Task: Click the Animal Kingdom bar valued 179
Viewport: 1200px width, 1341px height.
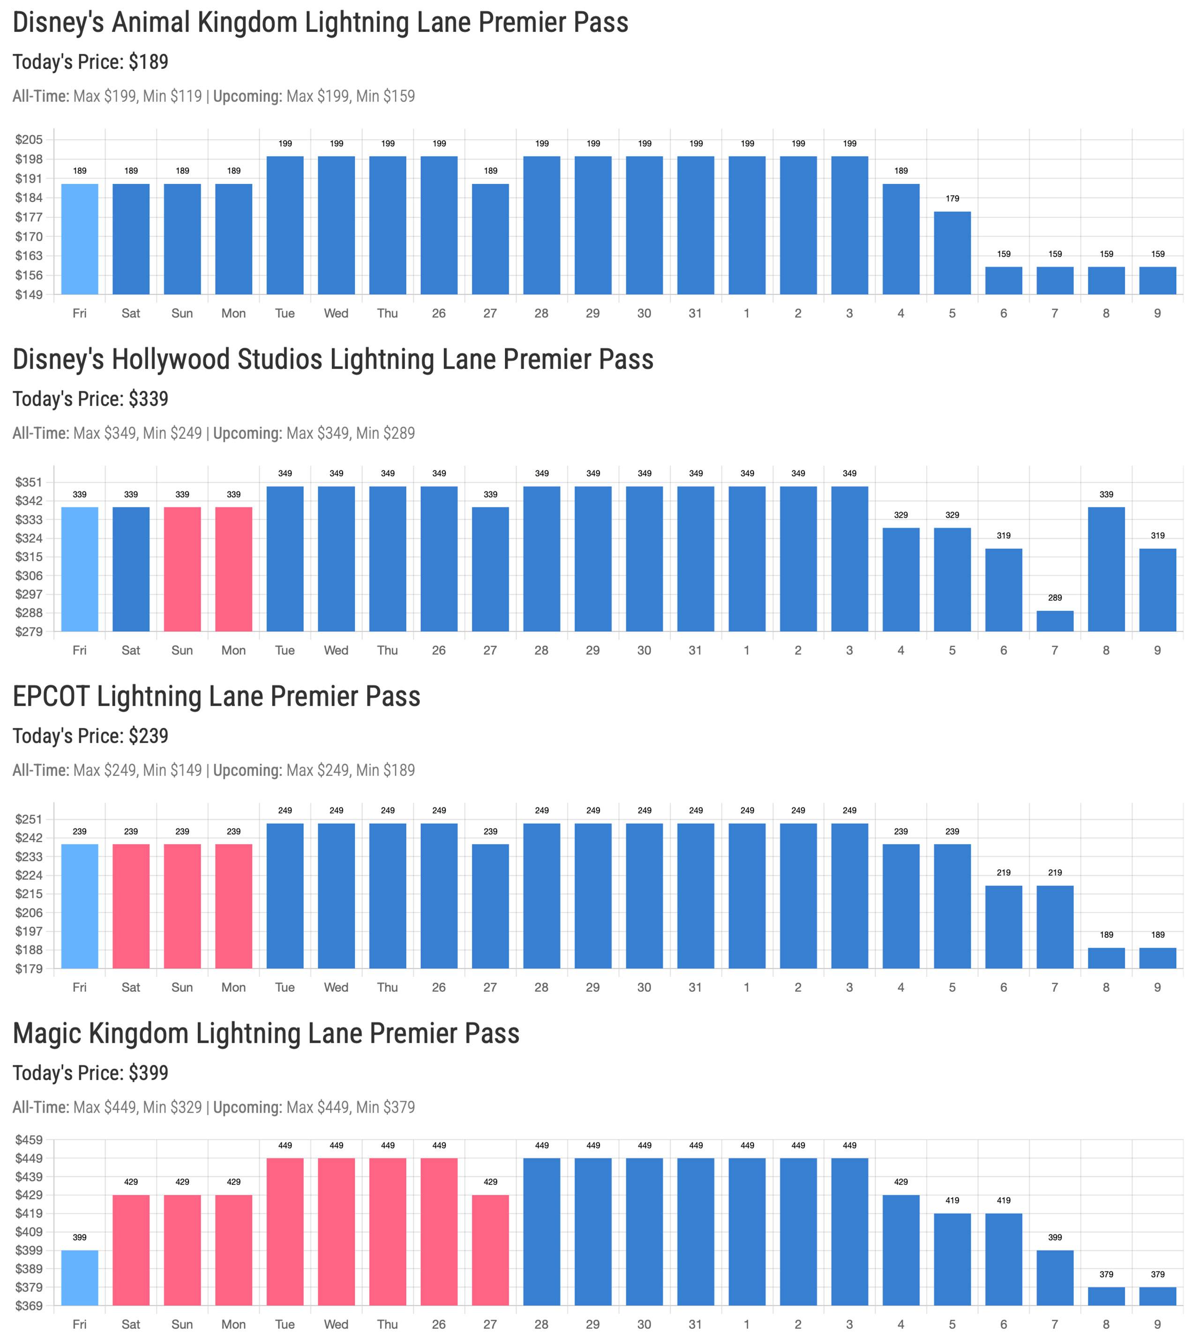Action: pyautogui.click(x=952, y=253)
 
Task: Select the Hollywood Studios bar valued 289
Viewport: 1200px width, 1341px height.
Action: pyautogui.click(x=1055, y=621)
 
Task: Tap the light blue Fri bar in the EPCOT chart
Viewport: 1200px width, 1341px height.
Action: pyautogui.click(x=80, y=906)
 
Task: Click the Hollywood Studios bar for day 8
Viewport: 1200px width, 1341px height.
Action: pyautogui.click(x=1106, y=569)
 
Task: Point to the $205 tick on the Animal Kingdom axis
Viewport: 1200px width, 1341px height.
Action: pyautogui.click(x=29, y=140)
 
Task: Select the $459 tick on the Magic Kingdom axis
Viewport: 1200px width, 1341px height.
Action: pyautogui.click(x=29, y=1140)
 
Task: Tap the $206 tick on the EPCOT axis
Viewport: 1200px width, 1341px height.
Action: pyautogui.click(x=29, y=913)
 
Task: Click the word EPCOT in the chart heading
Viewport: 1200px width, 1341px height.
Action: pyautogui.click(x=51, y=697)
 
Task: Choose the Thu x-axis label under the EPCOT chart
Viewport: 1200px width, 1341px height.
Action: pyautogui.click(x=388, y=987)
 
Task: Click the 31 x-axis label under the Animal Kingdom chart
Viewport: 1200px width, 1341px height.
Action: pyautogui.click(x=696, y=313)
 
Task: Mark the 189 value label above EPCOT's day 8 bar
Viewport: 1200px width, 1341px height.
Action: pyautogui.click(x=1106, y=934)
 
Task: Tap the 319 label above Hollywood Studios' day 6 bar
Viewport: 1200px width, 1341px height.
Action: pyautogui.click(x=1004, y=535)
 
